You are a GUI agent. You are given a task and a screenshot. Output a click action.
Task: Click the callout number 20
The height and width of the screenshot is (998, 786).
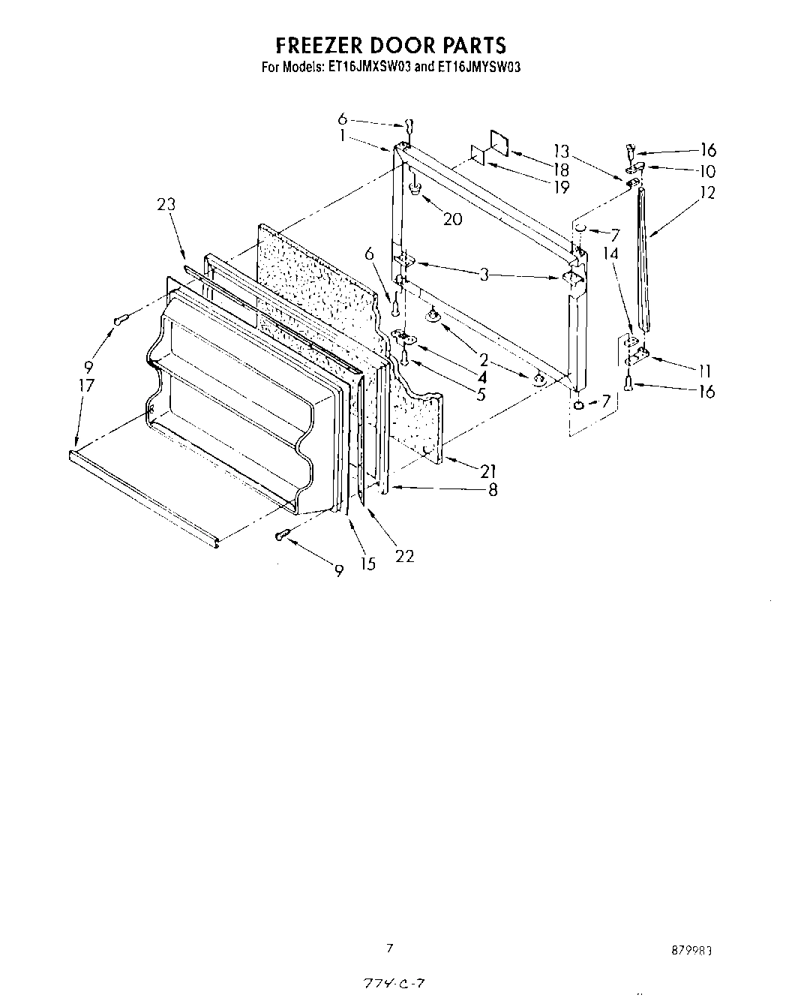click(x=452, y=219)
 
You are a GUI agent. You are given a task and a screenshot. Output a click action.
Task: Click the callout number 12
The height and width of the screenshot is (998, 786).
click(x=706, y=192)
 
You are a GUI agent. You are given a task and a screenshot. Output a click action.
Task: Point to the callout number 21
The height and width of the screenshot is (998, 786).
click(x=488, y=471)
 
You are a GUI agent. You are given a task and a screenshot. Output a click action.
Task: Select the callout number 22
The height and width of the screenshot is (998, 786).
click(x=404, y=556)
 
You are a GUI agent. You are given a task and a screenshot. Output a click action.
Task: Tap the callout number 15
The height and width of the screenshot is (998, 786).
click(x=367, y=564)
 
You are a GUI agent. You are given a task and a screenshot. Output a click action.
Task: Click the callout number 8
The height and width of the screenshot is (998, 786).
click(x=492, y=490)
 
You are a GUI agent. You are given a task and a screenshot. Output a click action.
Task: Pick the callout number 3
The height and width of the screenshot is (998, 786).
click(x=484, y=275)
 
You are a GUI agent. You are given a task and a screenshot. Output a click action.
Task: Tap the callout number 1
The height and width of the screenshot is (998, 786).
click(x=342, y=136)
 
